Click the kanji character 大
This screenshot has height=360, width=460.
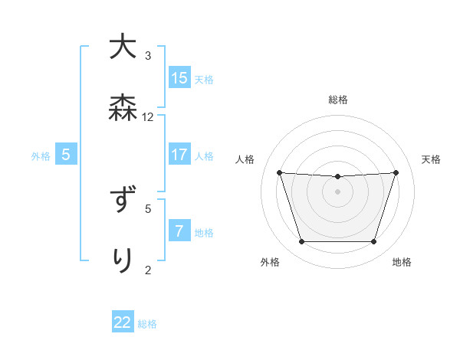coord(122,48)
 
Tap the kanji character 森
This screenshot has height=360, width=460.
coord(122,109)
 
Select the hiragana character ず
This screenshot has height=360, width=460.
coord(122,201)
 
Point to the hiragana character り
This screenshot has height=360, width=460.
coord(122,260)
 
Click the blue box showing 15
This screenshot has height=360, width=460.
coord(179,78)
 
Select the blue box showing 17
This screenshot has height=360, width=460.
coord(179,155)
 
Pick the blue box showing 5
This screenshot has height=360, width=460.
coord(66,155)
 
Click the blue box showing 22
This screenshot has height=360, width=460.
coord(123,322)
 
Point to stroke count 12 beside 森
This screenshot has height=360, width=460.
coord(148,117)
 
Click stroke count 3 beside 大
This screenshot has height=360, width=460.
coord(148,56)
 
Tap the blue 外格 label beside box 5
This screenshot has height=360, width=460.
coord(41,155)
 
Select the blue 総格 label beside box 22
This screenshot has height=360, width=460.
coord(147,324)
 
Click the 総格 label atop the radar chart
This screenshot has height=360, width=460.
coord(337,100)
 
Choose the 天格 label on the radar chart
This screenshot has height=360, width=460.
coord(431,159)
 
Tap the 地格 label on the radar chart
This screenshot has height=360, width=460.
coord(402,262)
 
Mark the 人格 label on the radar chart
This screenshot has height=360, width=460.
coord(245,159)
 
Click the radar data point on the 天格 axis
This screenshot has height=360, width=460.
coord(396,172)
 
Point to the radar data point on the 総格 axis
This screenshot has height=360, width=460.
coord(337,177)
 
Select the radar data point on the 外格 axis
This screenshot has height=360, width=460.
coord(301,242)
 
